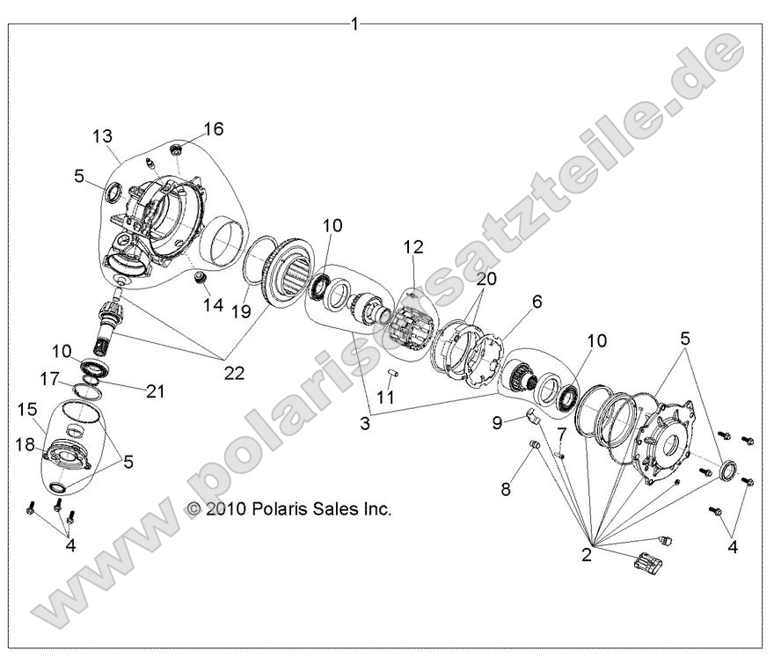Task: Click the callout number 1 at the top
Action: click(x=354, y=24)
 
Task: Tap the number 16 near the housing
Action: click(x=213, y=129)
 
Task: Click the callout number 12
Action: click(x=414, y=248)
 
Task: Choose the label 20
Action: click(x=486, y=279)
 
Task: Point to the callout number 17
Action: click(x=51, y=379)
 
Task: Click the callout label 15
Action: click(x=27, y=409)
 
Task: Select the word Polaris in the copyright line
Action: click(x=275, y=509)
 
